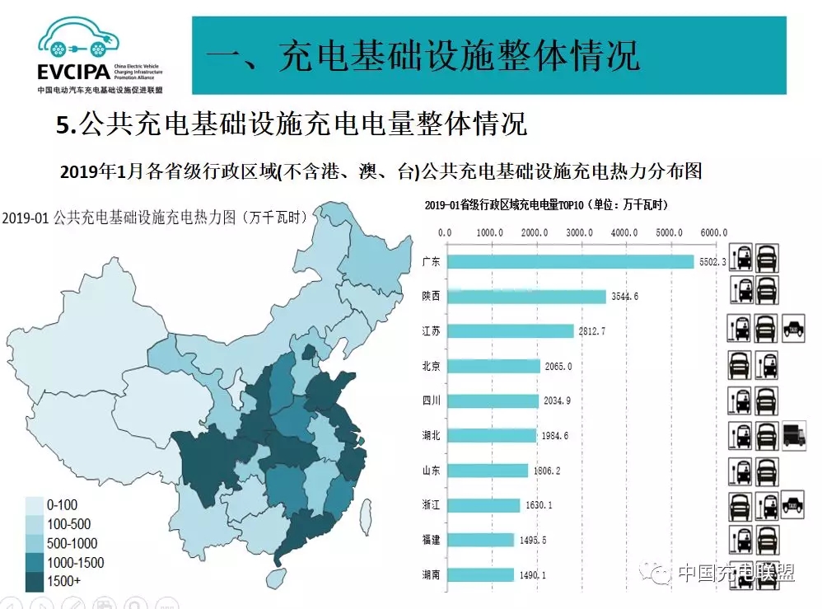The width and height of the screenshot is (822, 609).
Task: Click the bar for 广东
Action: pyautogui.click(x=570, y=261)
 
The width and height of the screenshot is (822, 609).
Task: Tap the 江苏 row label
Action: pyautogui.click(x=431, y=331)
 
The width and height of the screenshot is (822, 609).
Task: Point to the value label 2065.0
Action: pyautogui.click(x=556, y=366)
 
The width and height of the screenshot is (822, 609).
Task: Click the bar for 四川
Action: pyautogui.click(x=491, y=401)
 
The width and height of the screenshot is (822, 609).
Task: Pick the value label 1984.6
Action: pyautogui.click(x=554, y=435)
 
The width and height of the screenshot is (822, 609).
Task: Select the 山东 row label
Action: pyautogui.click(x=431, y=471)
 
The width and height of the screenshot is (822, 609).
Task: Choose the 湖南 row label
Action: pyautogui.click(x=431, y=575)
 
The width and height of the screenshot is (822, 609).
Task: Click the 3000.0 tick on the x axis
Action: pyautogui.click(x=580, y=232)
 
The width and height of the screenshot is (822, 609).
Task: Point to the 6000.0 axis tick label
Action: pyautogui.click(x=713, y=232)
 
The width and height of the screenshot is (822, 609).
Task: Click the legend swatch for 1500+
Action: pyautogui.click(x=34, y=581)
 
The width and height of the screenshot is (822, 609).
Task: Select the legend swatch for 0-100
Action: pyautogui.click(x=34, y=504)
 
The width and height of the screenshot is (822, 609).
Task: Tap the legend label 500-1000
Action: pyautogui.click(x=72, y=543)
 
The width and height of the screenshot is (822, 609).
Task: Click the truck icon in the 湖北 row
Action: pyautogui.click(x=793, y=433)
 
